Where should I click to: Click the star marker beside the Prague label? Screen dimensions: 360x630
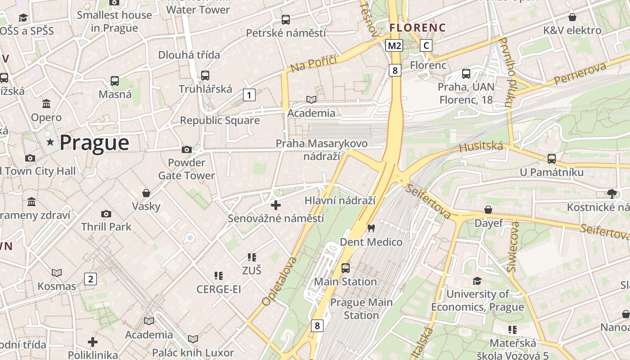pyautogui.click(x=50, y=143)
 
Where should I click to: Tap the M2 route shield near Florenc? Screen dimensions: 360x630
pyautogui.click(x=394, y=45)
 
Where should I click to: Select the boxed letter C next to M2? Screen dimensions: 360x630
pyautogui.click(x=426, y=45)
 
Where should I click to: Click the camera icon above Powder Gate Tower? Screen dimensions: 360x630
pyautogui.click(x=186, y=149)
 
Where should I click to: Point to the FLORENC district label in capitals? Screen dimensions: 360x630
pyautogui.click(x=417, y=27)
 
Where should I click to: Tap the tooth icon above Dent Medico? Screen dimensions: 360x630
pyautogui.click(x=371, y=228)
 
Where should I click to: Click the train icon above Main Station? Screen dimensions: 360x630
pyautogui.click(x=345, y=268)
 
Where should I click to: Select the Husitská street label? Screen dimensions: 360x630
pyautogui.click(x=481, y=146)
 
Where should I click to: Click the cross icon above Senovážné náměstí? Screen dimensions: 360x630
pyautogui.click(x=276, y=205)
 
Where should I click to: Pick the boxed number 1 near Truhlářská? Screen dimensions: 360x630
pyautogui.click(x=249, y=95)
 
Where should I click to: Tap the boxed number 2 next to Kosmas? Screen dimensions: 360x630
pyautogui.click(x=90, y=279)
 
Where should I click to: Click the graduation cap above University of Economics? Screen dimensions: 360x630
pyautogui.click(x=477, y=281)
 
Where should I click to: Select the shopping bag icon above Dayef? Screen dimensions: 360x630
pyautogui.click(x=488, y=210)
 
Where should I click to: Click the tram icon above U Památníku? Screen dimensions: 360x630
pyautogui.click(x=551, y=158)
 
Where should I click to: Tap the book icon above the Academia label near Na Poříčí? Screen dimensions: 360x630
pyautogui.click(x=311, y=99)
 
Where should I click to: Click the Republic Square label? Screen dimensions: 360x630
pyautogui.click(x=220, y=121)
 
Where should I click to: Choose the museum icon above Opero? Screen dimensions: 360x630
pyautogui.click(x=46, y=104)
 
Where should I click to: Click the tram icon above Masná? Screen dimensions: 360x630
pyautogui.click(x=115, y=81)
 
